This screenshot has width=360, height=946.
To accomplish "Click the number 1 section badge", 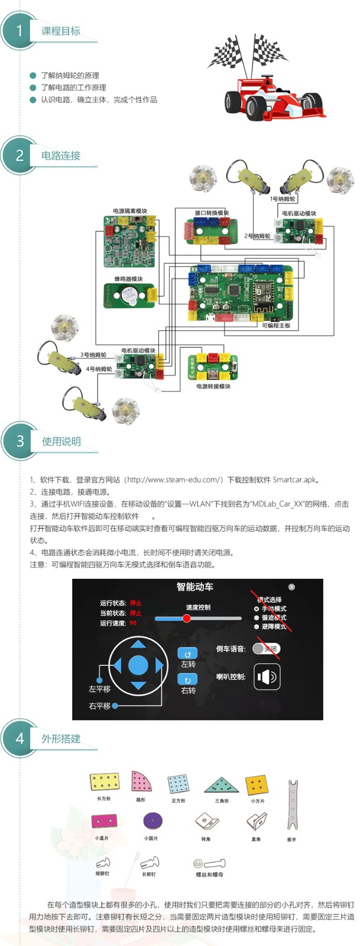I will click(20, 31).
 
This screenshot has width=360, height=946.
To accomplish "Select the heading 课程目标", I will click(60, 31).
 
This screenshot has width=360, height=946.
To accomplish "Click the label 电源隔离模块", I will click(130, 210).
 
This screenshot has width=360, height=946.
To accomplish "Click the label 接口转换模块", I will click(212, 213).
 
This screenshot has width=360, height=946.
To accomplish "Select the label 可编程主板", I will click(276, 325).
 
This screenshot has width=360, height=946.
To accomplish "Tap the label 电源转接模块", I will click(213, 386).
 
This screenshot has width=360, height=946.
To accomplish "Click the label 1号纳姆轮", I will click(283, 199).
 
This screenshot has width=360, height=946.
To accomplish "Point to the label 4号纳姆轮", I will click(99, 369).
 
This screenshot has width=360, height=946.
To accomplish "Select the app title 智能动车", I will click(195, 587).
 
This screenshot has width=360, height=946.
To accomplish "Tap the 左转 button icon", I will click(187, 653).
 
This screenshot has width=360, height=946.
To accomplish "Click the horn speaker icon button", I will click(267, 677).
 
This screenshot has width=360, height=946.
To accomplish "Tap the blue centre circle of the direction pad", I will click(138, 665).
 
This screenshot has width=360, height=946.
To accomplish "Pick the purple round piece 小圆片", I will click(152, 821).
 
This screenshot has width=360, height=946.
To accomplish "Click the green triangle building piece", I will click(221, 785).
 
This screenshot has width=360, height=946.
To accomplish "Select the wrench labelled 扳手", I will click(291, 804).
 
